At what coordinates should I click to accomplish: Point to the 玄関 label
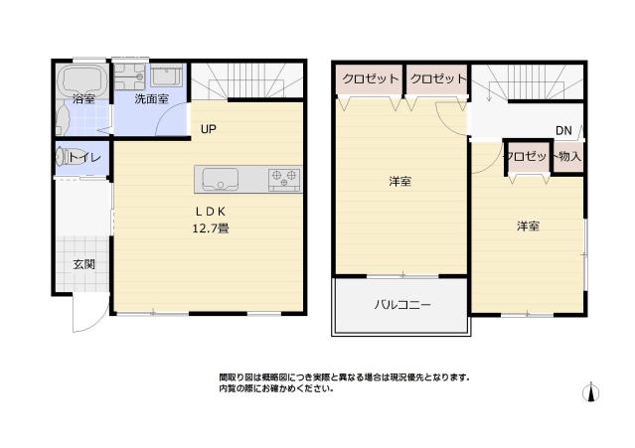click(x=83, y=264)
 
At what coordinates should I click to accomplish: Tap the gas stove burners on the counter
click(x=283, y=179)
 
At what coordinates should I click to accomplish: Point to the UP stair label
click(x=209, y=129)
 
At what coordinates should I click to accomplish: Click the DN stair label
click(x=563, y=131)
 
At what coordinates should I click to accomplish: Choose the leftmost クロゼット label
click(x=371, y=78)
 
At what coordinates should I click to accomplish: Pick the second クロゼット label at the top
click(x=437, y=78)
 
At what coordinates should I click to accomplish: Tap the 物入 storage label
click(x=569, y=156)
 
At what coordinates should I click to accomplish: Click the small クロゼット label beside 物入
click(x=527, y=156)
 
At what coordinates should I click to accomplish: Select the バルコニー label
click(x=401, y=306)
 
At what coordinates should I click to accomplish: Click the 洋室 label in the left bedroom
click(x=400, y=182)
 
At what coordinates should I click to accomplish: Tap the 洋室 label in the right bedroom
click(x=528, y=226)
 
